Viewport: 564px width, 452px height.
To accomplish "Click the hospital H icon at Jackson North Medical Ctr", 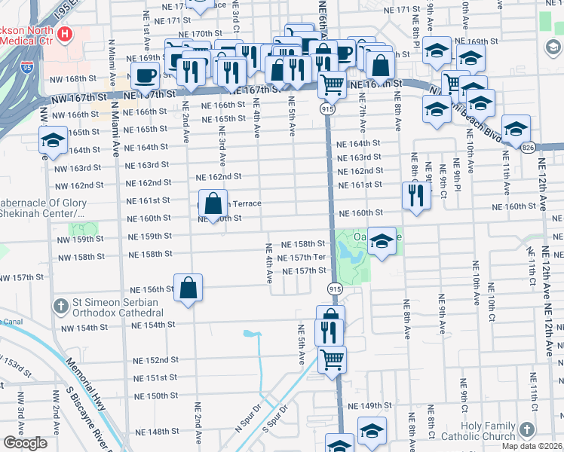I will (x=66, y=35).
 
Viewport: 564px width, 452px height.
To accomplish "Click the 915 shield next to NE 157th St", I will (x=333, y=289).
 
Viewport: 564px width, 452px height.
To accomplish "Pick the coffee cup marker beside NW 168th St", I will (x=145, y=75).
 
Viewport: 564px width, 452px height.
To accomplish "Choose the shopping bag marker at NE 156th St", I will (x=188, y=288).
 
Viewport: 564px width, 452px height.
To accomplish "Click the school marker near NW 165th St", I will (x=53, y=141).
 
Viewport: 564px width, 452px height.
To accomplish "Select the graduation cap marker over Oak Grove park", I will (x=382, y=241).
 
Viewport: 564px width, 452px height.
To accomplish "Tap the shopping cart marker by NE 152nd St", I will (x=332, y=359).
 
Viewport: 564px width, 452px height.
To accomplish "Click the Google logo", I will (x=25, y=444).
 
